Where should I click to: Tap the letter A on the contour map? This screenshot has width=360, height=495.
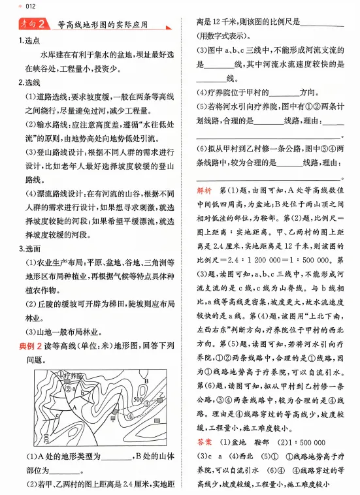[x=75, y=406]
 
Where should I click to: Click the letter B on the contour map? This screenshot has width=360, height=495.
[x=146, y=381]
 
